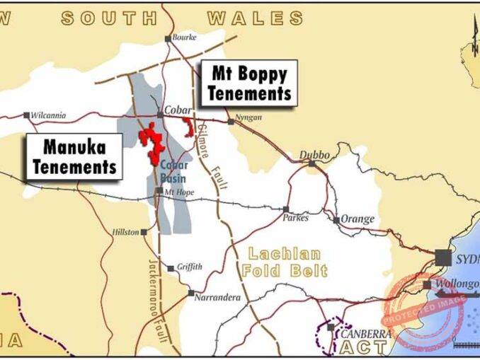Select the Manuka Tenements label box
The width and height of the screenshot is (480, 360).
coord(74,157)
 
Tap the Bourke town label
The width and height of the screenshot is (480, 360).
coord(184,37)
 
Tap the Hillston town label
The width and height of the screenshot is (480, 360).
coord(126,231)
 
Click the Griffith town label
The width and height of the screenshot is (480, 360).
coord(189,267)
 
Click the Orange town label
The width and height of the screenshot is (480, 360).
coord(358,219)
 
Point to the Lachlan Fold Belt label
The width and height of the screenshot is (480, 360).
coord(285,262)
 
